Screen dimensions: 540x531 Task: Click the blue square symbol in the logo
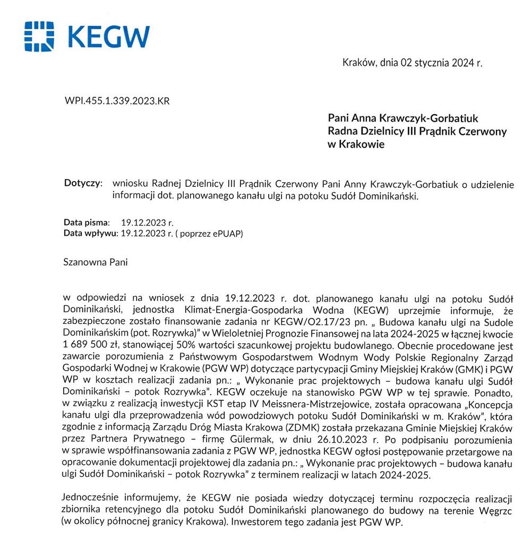point(39,37)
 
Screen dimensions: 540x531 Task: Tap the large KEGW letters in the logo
point(108,37)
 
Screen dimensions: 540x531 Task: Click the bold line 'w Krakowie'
point(356,144)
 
